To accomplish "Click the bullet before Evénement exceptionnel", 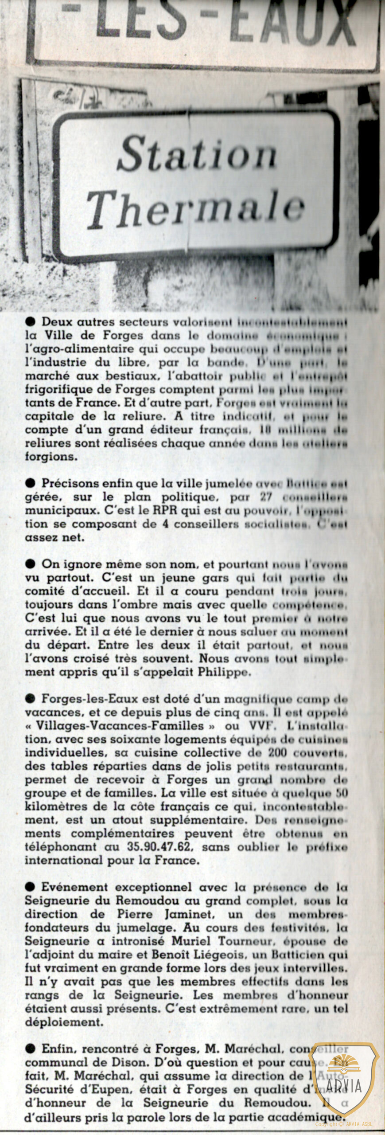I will (x=31, y=887).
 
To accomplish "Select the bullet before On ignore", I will (x=31, y=564).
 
